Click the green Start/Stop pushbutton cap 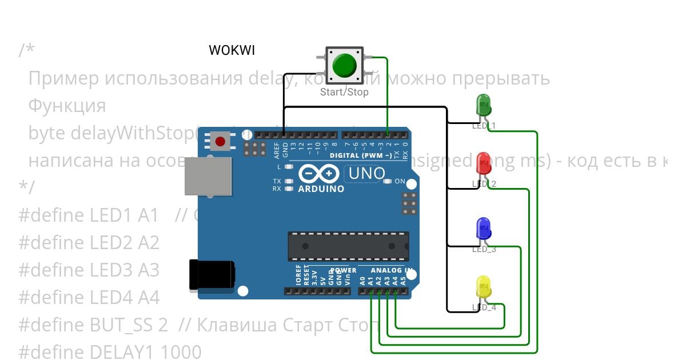[344, 65]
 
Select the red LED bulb [484, 163]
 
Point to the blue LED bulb [484, 229]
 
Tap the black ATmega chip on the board [348, 246]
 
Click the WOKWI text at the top [232, 50]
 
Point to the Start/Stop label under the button [344, 92]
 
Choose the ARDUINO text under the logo [321, 189]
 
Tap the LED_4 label [484, 307]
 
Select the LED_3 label [484, 249]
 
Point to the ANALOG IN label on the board [392, 270]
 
